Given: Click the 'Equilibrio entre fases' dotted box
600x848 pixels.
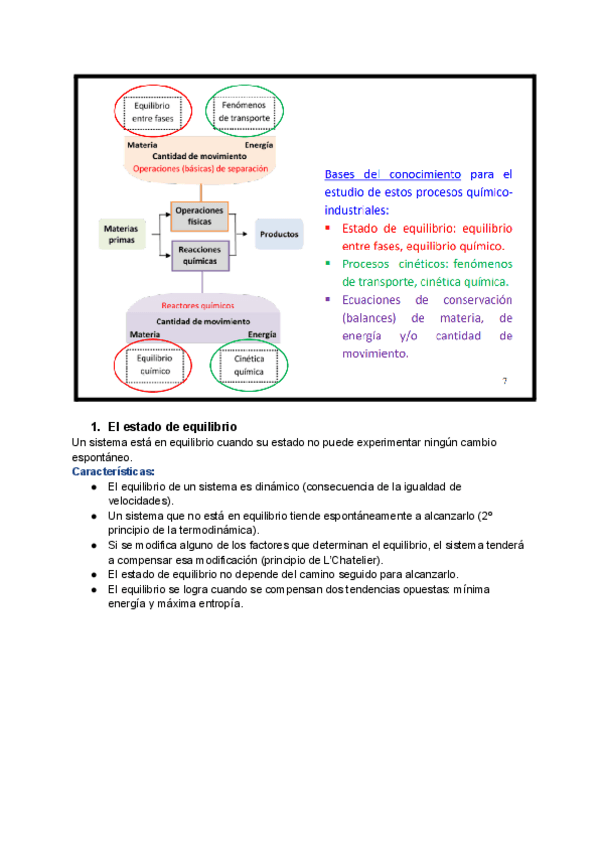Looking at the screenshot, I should point(151,110).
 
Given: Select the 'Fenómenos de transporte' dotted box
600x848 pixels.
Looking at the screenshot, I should point(245,110).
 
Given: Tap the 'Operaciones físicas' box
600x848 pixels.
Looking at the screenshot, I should point(199,216).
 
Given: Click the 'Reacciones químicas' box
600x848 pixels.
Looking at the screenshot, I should point(199,255).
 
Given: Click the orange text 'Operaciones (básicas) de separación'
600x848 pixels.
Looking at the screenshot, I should point(200,169).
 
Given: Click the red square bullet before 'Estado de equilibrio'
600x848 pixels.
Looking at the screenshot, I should point(328,228).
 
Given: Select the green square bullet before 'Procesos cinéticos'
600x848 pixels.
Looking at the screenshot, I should point(328,264).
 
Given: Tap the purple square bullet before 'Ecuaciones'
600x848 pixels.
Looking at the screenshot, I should point(328,299).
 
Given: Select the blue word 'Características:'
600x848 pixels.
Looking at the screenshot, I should point(113,471).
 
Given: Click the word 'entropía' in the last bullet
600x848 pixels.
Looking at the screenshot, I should point(216,603).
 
